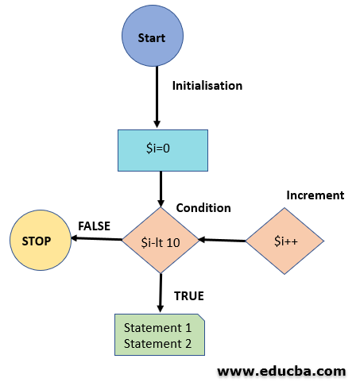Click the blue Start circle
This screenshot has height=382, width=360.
151,38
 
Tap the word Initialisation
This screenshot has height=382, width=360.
207,85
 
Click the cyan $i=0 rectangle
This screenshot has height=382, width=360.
161,150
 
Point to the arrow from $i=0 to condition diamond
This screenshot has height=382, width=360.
161,189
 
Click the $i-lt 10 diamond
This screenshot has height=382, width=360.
160,241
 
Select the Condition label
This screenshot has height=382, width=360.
203,208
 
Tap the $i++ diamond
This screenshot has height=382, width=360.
284,241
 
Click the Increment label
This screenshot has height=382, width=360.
315,195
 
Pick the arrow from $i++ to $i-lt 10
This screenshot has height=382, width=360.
223,240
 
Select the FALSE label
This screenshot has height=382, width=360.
95,226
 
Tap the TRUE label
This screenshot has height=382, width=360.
189,295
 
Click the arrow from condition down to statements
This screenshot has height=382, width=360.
161,292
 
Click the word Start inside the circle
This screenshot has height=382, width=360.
151,38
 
